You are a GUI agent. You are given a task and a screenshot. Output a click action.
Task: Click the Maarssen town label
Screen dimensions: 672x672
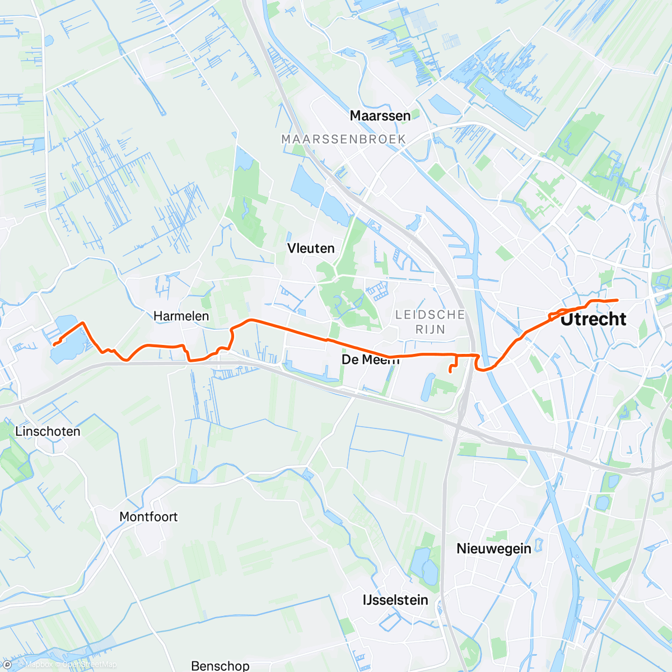[380, 116]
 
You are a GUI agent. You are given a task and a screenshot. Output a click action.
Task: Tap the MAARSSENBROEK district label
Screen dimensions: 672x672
[343, 139]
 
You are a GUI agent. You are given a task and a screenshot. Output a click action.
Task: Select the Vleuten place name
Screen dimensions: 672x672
[311, 248]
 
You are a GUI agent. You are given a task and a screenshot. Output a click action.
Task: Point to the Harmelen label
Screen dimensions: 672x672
[181, 316]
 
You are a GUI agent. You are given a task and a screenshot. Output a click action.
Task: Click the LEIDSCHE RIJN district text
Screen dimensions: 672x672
[430, 322]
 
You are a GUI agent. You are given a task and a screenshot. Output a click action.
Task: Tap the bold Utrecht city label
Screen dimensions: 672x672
[593, 319]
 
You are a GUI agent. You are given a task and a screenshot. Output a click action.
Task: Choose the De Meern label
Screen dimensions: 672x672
[370, 360]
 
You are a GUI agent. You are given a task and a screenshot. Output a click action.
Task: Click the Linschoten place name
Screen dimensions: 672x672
[48, 431]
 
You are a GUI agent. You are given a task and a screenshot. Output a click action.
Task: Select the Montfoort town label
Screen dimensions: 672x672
[148, 516]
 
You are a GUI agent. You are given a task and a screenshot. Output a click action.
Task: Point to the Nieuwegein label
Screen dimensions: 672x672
[493, 548]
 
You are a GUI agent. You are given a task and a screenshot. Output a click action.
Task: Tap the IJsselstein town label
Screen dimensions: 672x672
[395, 600]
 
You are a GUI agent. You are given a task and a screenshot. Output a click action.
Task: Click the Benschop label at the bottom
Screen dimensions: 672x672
[220, 665]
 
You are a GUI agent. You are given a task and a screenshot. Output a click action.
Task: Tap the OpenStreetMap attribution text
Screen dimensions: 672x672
[89, 665]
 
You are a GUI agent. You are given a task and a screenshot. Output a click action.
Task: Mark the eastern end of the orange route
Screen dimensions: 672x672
[617, 301]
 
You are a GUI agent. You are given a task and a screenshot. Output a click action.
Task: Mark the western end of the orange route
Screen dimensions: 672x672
[54, 345]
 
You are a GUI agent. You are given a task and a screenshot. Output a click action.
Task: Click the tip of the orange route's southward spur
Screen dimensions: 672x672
[450, 372]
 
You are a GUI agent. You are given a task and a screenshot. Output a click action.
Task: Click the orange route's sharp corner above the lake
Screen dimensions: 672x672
[83, 323]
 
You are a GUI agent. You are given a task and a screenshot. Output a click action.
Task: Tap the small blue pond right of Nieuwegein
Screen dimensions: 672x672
[539, 543]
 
